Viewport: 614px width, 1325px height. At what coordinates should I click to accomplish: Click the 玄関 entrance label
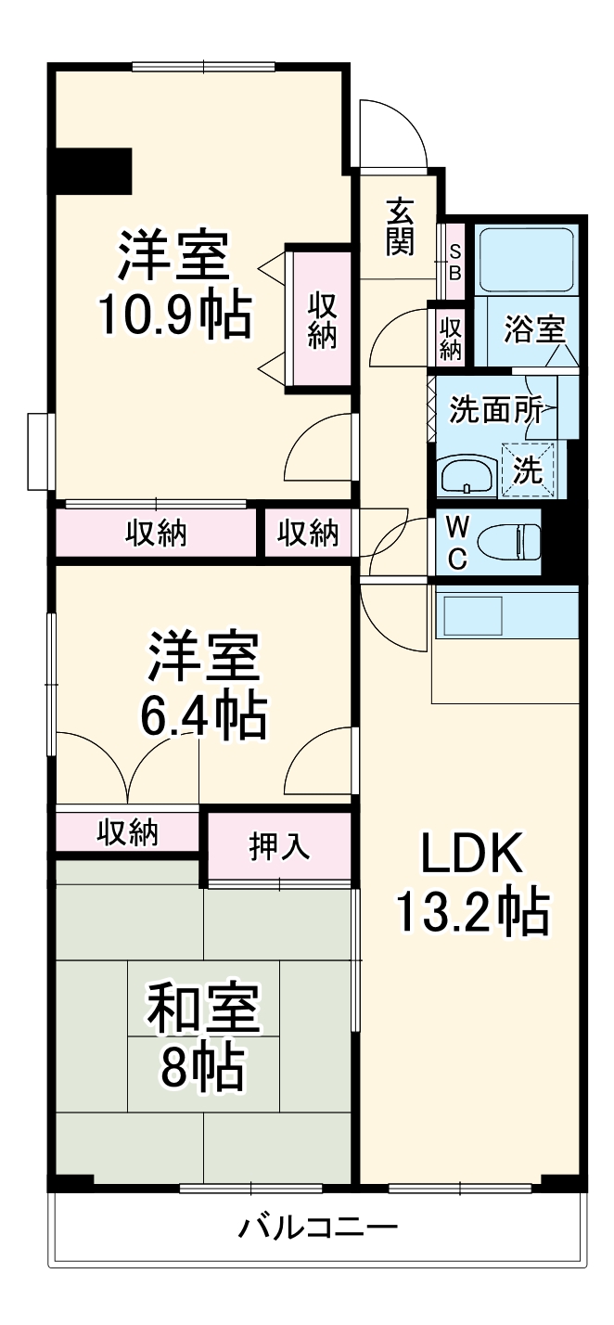pyautogui.click(x=401, y=226)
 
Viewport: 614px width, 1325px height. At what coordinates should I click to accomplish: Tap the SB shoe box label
pyautogui.click(x=454, y=261)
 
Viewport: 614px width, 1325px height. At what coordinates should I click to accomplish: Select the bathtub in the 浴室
pyautogui.click(x=527, y=259)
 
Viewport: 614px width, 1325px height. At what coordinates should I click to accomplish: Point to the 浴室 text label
pyautogui.click(x=533, y=329)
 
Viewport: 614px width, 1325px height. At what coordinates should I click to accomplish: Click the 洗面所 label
pyautogui.click(x=495, y=409)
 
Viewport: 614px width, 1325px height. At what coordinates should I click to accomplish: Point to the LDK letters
pyautogui.click(x=473, y=854)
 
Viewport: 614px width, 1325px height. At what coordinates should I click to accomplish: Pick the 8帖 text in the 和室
pyautogui.click(x=203, y=1069)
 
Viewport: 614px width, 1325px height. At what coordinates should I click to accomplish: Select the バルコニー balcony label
pyautogui.click(x=318, y=1229)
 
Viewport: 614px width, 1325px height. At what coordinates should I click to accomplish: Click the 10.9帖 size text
pyautogui.click(x=174, y=316)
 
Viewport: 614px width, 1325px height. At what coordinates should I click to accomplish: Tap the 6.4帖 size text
pyautogui.click(x=203, y=713)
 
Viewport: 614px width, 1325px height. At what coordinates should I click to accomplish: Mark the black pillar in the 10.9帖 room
pyautogui.click(x=91, y=171)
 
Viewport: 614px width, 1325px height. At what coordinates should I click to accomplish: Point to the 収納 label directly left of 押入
pyautogui.click(x=128, y=831)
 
